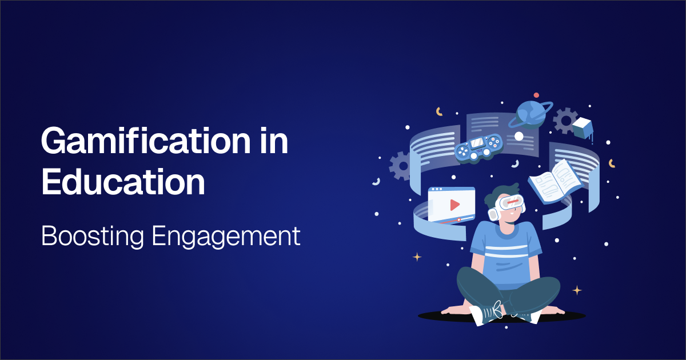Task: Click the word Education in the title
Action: [123, 182]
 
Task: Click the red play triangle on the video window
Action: [454, 205]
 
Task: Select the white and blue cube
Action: [583, 127]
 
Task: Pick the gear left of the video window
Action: [401, 166]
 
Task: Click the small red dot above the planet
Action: [536, 95]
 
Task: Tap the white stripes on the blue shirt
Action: [503, 249]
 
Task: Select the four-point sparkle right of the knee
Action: [577, 290]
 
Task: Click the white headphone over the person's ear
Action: [493, 213]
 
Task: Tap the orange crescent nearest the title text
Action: [439, 111]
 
